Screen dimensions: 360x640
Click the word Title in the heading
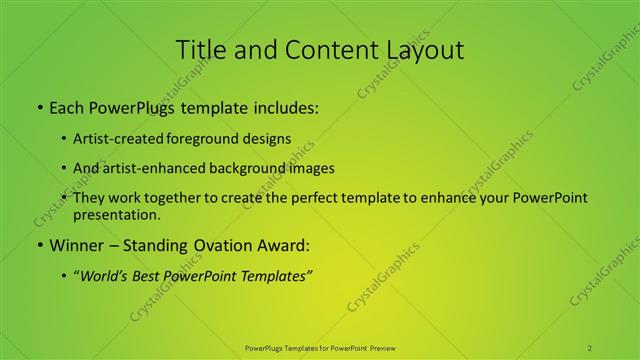point(200,49)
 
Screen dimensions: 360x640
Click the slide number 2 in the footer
point(590,348)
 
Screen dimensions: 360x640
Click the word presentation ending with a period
point(117,214)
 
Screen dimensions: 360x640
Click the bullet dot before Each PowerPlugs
point(39,106)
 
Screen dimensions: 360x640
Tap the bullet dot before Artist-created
point(64,138)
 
